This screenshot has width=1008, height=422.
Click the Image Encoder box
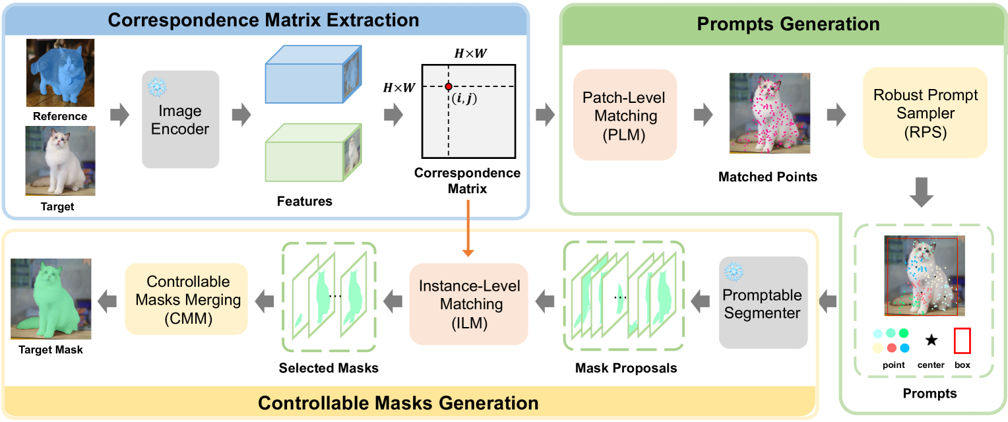(180, 119)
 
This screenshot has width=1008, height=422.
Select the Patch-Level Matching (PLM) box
(625, 115)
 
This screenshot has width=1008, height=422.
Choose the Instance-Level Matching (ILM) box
(469, 303)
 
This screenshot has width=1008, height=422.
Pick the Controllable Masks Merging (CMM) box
(186, 299)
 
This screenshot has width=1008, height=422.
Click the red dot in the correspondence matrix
(448, 87)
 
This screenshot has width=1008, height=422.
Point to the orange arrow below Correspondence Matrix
(468, 227)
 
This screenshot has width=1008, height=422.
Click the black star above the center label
(931, 340)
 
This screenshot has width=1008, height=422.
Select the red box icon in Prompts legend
(962, 341)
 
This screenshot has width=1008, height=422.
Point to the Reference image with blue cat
(60, 73)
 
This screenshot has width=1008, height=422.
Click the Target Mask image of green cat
(50, 299)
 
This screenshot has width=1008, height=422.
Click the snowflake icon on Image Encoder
(157, 87)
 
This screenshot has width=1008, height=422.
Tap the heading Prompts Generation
(788, 25)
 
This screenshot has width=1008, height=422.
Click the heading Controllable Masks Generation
(398, 403)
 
